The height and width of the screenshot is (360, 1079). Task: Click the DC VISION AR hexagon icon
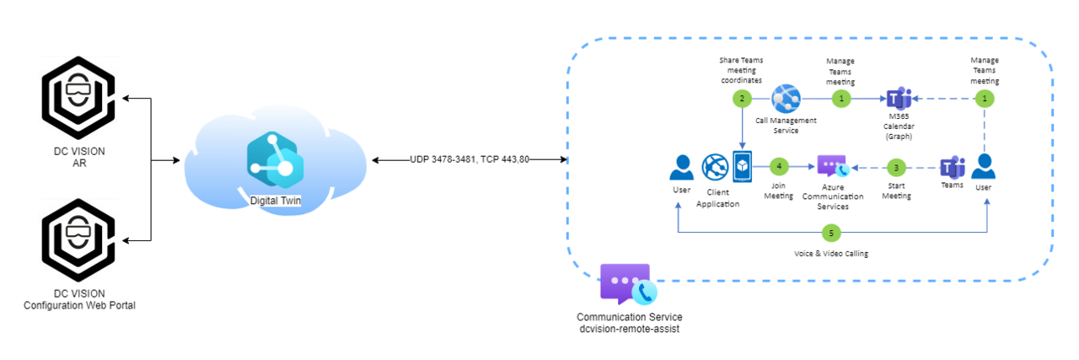(78, 98)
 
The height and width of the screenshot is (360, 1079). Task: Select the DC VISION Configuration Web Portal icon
(78, 240)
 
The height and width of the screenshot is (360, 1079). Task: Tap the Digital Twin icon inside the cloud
(275, 160)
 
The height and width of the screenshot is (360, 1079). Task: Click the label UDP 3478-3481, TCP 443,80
(470, 159)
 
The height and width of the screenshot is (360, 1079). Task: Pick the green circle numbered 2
(742, 99)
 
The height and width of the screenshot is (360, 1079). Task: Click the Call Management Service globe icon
(786, 99)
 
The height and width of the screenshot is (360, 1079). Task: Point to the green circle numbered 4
(779, 167)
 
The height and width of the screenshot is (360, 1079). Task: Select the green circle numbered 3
(896, 168)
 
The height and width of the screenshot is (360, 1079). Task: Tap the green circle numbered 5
(831, 234)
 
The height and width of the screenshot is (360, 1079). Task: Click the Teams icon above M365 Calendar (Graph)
(899, 99)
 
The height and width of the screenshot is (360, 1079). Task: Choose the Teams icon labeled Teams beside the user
(953, 168)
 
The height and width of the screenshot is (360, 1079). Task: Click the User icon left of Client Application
(682, 168)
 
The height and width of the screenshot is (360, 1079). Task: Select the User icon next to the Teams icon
(983, 167)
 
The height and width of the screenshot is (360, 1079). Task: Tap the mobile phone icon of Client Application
(743, 167)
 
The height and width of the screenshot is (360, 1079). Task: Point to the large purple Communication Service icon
(629, 284)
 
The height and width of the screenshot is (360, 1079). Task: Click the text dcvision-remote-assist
(629, 329)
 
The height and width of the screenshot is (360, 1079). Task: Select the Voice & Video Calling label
(831, 254)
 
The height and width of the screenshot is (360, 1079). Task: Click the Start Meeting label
(896, 191)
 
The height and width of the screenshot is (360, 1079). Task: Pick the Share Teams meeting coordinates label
(741, 70)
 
